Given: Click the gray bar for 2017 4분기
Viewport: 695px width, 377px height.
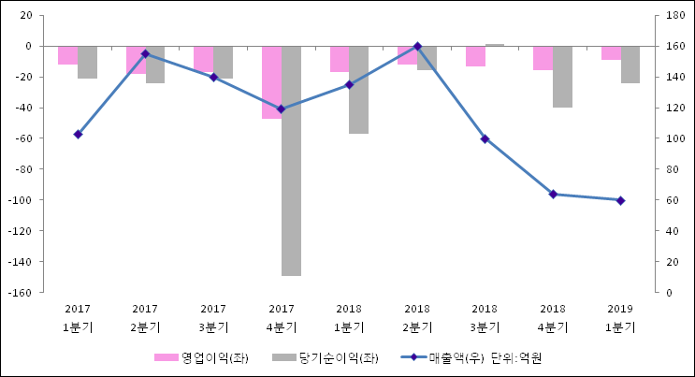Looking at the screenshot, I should pyautogui.click(x=291, y=161).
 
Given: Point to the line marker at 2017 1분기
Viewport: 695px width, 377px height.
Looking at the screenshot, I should pyautogui.click(x=78, y=135).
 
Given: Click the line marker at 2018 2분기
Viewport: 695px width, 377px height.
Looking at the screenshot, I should pyautogui.click(x=417, y=46).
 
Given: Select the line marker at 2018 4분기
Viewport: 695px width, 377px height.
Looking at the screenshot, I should pyautogui.click(x=553, y=195).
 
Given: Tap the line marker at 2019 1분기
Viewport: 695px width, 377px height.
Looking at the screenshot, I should pyautogui.click(x=620, y=200).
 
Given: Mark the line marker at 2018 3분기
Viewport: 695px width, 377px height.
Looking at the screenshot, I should pyautogui.click(x=485, y=138).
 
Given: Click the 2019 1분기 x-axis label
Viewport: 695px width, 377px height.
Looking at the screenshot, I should pyautogui.click(x=620, y=318).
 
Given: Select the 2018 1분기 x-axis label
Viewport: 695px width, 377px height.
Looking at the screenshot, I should pyautogui.click(x=349, y=318).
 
